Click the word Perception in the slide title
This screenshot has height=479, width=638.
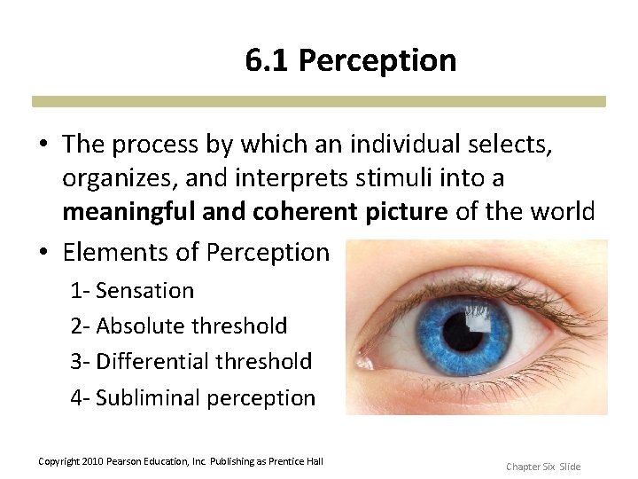377,61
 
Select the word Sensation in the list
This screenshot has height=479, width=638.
144,290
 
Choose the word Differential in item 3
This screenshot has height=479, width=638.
152,361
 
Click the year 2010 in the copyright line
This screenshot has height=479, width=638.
92,461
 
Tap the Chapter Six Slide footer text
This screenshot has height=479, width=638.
542,467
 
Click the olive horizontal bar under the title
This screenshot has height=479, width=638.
319,101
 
